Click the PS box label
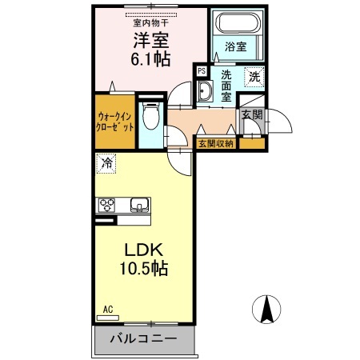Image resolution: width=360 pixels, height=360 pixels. [x=202, y=71]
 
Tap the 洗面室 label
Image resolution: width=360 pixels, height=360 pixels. [x=226, y=86]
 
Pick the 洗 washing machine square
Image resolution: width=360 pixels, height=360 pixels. [x=254, y=78]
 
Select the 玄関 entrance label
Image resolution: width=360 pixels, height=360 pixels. [x=250, y=115]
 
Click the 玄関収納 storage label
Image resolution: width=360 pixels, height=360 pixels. [x=215, y=143]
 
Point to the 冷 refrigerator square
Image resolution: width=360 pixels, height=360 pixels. [x=106, y=164]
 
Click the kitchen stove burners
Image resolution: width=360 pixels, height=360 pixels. [x=107, y=205]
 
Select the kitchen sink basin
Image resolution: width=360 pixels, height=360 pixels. [x=139, y=206]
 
